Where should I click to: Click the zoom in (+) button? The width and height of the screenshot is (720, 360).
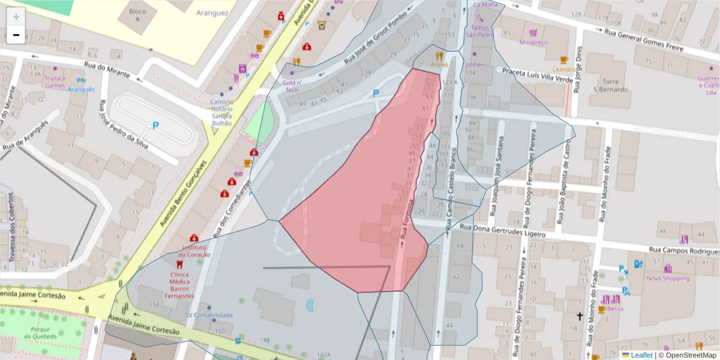tap(16, 17)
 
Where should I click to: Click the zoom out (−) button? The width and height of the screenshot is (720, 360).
tap(16, 35)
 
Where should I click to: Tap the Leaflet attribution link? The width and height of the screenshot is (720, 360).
tap(641, 355)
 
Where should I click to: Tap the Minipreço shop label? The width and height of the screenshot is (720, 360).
tap(533, 43)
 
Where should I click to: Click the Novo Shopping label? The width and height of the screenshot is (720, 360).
tap(668, 278)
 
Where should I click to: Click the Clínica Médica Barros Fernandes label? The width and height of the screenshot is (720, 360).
tap(180, 285)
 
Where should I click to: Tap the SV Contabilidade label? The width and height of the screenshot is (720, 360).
tap(209, 314)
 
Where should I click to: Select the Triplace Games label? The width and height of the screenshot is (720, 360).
tap(55, 82)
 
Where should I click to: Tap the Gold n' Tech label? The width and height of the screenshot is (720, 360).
tap(292, 86)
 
